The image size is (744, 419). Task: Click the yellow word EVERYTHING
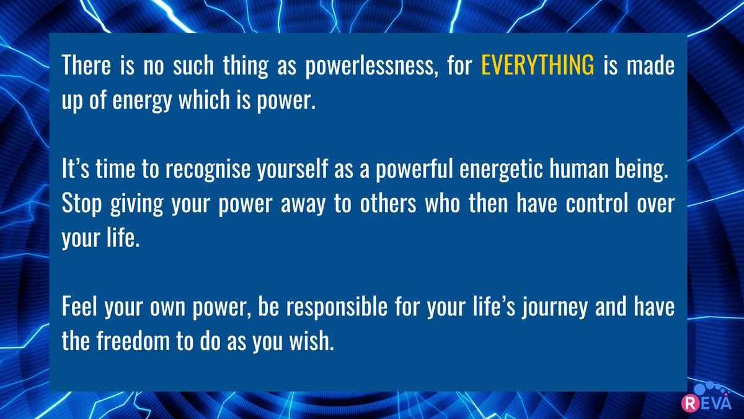point(538,66)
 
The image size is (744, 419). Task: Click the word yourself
point(286,170)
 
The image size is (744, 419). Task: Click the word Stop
point(81,204)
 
